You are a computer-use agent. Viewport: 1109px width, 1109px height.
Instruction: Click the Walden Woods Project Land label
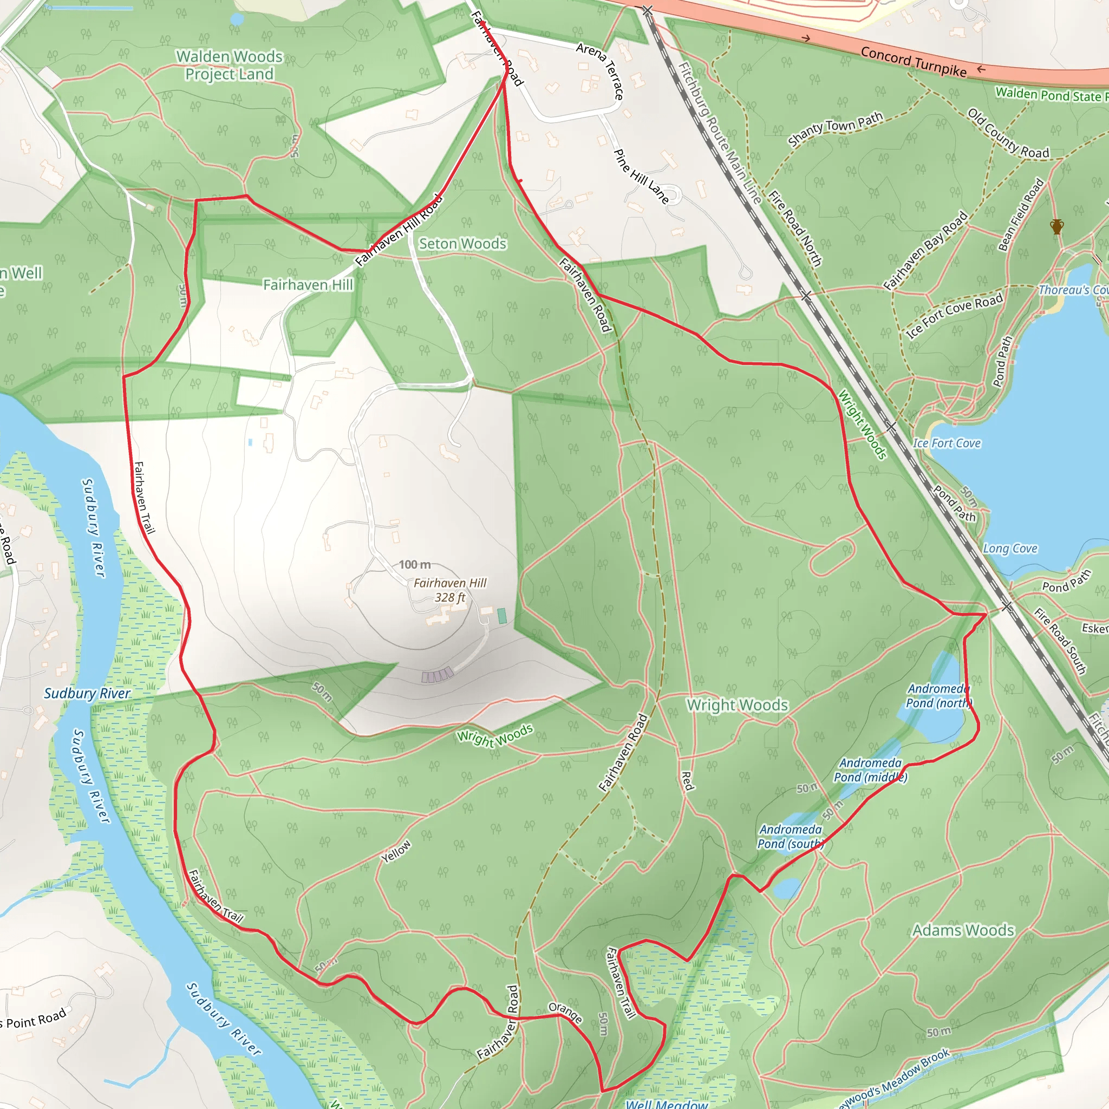pos(229,65)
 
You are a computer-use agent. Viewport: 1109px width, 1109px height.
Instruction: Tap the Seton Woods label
pos(462,244)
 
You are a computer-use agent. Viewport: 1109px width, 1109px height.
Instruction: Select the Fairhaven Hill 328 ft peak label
pos(449,590)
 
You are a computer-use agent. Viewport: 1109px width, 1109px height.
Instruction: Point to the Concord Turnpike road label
pos(914,61)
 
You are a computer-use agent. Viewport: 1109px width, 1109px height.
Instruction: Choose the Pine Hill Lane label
pos(641,176)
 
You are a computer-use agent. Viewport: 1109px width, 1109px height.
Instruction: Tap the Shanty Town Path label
pos(835,129)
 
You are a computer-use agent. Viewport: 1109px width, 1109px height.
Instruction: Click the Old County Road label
pos(1008,133)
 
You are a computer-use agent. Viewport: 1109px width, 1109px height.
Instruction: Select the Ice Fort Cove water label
pos(947,443)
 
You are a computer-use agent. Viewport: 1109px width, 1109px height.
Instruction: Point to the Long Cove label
pos(1010,549)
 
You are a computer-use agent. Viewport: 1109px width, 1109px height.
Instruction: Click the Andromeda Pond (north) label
pos(938,696)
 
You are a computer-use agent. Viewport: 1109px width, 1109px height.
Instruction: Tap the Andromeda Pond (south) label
pos(791,836)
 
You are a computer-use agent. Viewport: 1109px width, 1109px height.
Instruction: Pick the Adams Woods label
pos(963,930)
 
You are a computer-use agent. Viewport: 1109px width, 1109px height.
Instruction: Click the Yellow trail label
pos(396,851)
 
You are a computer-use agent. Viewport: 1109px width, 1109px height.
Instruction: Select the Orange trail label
pos(565,1013)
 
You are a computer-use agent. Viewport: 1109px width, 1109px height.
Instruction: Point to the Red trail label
pos(687,781)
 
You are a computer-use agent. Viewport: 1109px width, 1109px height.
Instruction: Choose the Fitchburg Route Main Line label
pos(719,133)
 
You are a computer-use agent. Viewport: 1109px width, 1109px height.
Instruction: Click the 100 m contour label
pos(414,565)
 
